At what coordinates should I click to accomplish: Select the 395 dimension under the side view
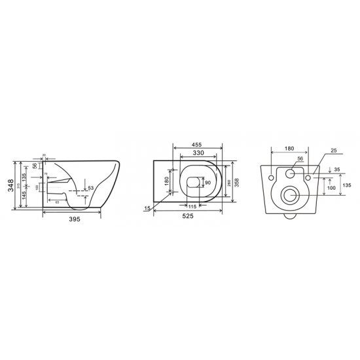tap(75, 219)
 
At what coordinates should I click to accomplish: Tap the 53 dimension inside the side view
tap(90, 189)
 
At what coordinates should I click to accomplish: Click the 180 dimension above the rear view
tap(289, 148)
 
